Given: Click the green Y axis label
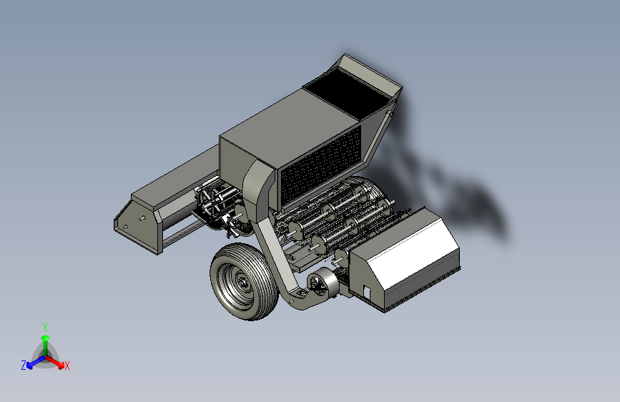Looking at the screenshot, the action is pos(45,327).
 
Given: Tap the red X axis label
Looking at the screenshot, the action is pos(67,366).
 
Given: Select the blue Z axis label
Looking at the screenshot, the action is pos(24,366).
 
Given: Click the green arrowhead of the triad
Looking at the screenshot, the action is pos(46,338).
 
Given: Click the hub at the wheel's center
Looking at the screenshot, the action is pos(242,282).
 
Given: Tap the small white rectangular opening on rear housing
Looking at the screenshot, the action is pos(367,293).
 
